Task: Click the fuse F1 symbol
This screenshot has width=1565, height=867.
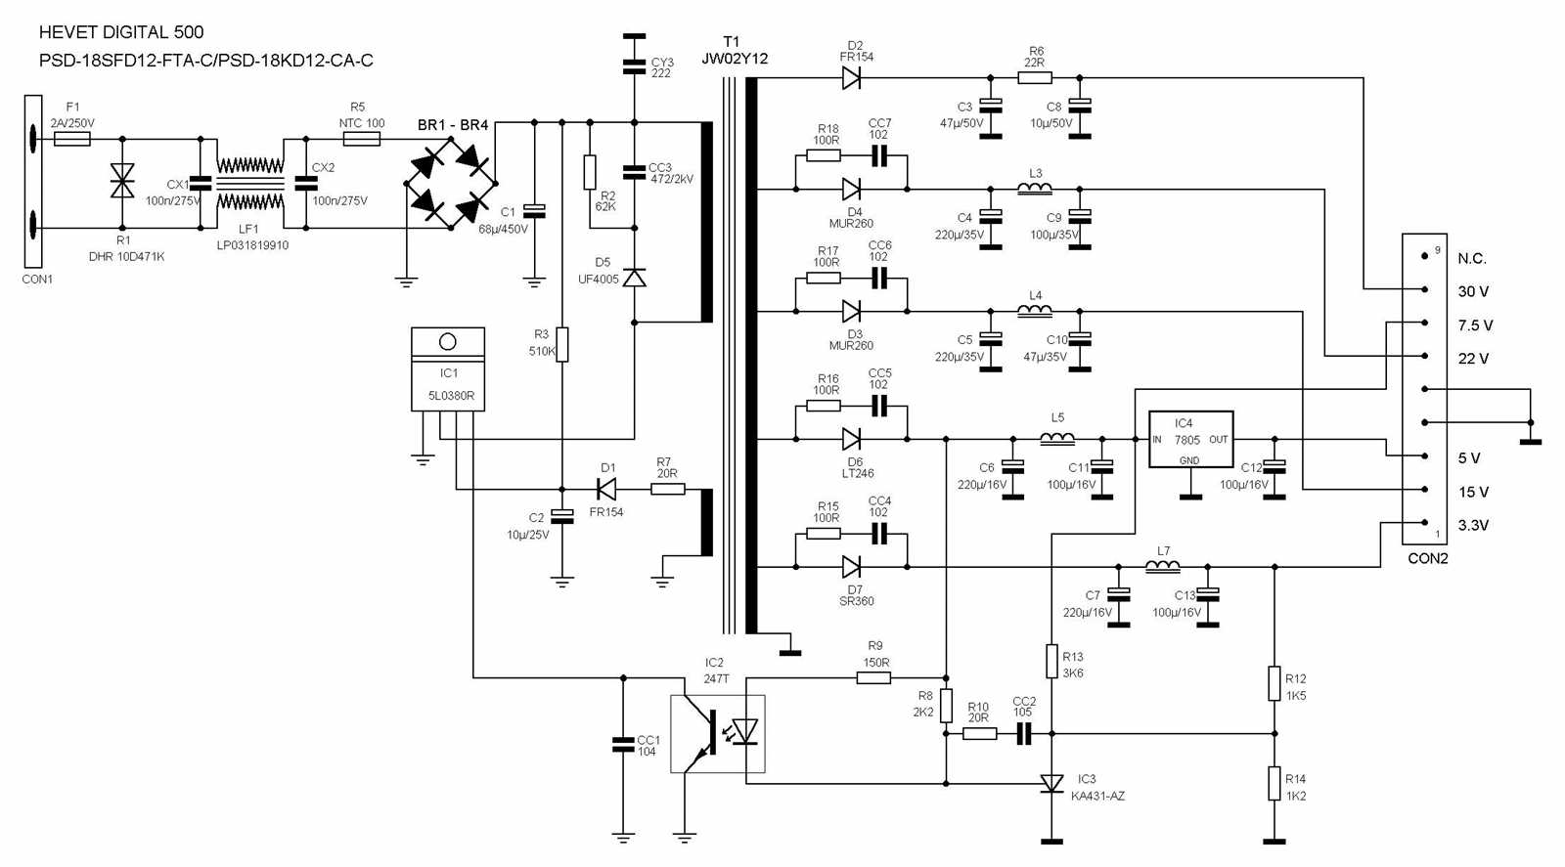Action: [72, 140]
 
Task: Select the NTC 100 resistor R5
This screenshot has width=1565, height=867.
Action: [361, 140]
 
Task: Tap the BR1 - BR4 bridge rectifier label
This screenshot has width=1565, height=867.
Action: [452, 125]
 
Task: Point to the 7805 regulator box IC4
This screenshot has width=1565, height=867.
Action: [1189, 440]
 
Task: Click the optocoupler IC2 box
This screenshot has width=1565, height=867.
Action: [718, 734]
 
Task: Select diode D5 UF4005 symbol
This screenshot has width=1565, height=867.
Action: [635, 279]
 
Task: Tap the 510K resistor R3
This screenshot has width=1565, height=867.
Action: [562, 345]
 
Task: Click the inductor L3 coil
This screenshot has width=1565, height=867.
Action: [1035, 188]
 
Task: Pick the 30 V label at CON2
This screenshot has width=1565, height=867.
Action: [1473, 291]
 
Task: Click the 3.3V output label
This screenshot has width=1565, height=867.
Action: [1473, 525]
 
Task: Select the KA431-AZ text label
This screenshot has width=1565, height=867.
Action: [1097, 796]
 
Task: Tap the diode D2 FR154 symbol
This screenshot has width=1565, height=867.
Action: [851, 78]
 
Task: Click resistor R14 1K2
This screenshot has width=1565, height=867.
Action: [1274, 784]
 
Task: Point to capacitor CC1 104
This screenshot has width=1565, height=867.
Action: [623, 745]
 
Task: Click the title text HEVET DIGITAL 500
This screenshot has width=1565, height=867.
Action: [121, 32]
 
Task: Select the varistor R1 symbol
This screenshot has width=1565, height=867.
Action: [122, 181]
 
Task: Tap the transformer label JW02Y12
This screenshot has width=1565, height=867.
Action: [735, 59]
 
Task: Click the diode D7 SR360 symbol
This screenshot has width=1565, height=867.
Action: [851, 567]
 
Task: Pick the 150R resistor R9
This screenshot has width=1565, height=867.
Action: [873, 677]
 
